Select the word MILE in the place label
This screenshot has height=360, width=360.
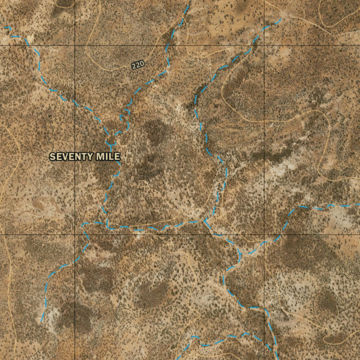[108, 156]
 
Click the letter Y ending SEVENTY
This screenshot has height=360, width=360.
[92, 156]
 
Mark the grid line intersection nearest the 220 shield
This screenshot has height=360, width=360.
[75, 45]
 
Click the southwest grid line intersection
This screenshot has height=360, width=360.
[75, 234]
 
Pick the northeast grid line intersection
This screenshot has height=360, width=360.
[264, 45]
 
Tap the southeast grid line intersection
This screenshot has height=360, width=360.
[264, 234]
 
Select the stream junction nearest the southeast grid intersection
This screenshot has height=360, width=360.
[240, 252]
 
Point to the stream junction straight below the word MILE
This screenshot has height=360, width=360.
[107, 225]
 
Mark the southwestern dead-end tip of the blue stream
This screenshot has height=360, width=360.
[41, 321]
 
